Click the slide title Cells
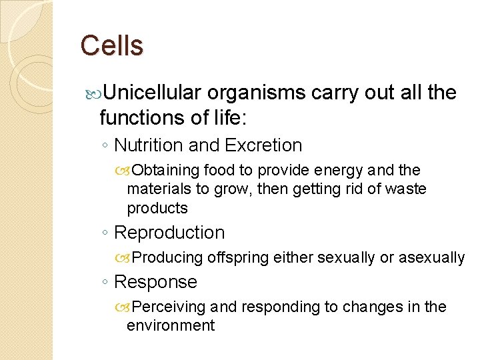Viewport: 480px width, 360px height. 111,46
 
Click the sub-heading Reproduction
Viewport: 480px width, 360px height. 169,233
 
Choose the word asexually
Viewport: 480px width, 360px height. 431,258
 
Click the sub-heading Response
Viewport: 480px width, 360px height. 155,282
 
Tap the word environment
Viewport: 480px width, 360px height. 171,325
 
